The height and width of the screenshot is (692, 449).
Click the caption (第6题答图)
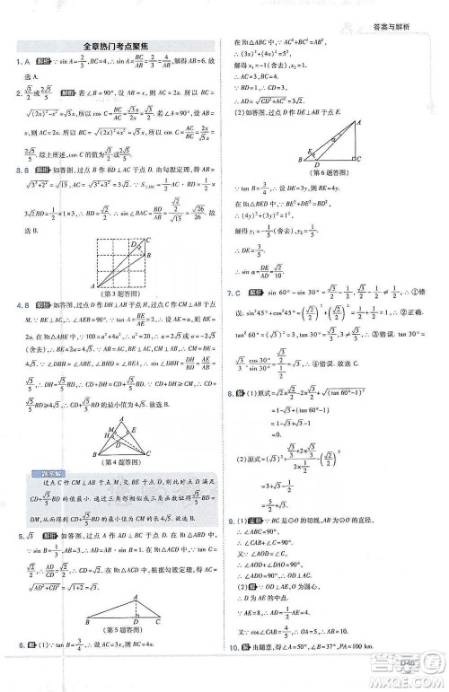point(328,171)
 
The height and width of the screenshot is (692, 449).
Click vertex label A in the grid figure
point(87,282)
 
